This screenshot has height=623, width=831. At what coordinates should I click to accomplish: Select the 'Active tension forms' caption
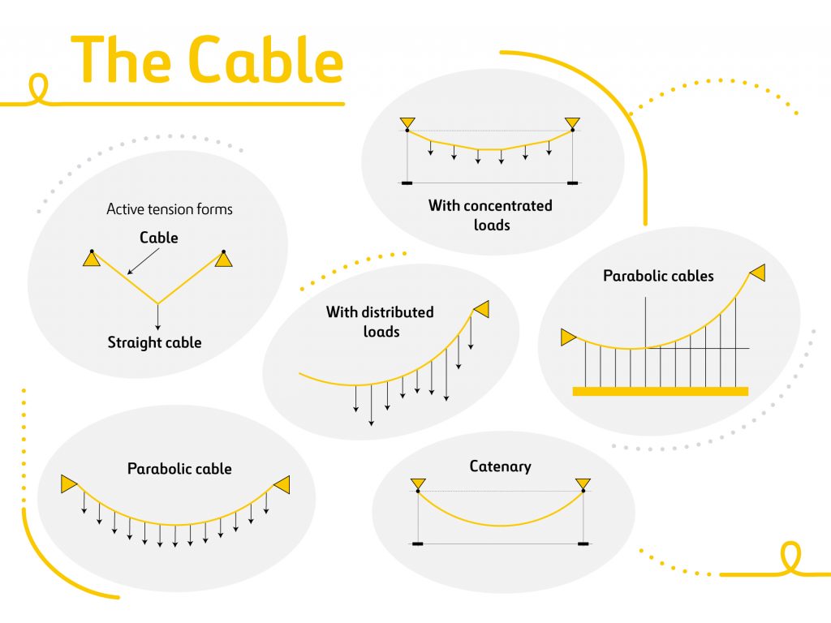(x=170, y=209)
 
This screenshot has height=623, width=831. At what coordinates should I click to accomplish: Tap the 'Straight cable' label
(x=154, y=342)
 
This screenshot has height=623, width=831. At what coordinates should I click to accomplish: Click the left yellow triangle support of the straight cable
(x=92, y=259)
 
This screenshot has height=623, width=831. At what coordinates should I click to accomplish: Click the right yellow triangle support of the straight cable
(x=223, y=259)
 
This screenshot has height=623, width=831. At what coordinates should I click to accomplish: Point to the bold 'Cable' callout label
(x=158, y=238)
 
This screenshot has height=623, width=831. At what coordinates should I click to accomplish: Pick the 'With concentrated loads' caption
(x=490, y=215)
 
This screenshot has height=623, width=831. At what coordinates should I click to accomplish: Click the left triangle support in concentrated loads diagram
(x=407, y=123)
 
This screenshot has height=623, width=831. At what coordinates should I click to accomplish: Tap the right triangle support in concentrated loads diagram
(x=572, y=123)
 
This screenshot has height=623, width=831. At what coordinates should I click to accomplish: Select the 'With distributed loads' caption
(x=380, y=321)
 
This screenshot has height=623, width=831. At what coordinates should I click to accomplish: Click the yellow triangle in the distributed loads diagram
(x=481, y=309)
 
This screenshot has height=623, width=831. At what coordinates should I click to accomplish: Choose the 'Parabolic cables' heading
(x=658, y=276)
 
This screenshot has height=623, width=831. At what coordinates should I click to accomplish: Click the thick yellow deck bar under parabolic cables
(x=660, y=391)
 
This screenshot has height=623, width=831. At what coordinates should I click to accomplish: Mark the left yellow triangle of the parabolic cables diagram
(x=567, y=337)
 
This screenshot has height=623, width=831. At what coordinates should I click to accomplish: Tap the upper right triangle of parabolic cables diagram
(x=757, y=273)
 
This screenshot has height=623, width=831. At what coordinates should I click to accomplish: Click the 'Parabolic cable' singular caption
(x=179, y=469)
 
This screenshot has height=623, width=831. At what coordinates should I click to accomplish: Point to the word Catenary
(x=500, y=466)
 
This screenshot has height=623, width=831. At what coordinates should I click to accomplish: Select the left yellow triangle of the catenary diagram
(x=417, y=484)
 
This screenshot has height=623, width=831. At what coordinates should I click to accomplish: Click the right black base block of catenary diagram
(x=583, y=543)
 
